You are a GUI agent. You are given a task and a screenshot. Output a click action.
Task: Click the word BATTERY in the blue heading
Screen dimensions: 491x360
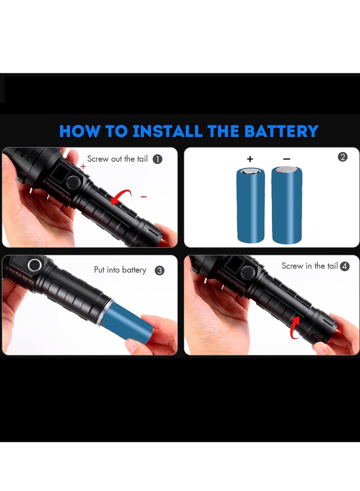coord(281,131)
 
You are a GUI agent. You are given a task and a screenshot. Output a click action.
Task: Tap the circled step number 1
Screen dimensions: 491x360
coord(157,159)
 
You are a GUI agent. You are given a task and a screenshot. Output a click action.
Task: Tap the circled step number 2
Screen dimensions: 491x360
coord(342,157)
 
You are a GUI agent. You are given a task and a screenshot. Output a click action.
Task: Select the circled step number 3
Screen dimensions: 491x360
coord(159,270)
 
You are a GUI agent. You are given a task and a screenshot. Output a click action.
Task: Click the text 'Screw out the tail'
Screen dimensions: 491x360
coord(117,159)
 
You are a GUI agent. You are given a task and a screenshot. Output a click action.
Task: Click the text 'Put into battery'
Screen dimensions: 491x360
coord(120,270)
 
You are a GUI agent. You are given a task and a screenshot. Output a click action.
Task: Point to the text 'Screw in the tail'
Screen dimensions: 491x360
coord(310,266)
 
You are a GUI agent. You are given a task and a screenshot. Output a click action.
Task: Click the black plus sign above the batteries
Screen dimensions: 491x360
coord(250,159)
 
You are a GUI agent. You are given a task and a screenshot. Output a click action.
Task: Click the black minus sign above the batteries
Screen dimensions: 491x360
coord(287,159)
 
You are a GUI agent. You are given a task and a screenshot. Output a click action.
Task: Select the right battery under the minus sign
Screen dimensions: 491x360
coord(287,205)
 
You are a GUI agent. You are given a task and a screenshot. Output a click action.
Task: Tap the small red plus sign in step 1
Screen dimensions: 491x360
coord(83,167)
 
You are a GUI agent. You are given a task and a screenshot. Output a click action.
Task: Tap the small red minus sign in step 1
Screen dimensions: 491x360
coord(144,197)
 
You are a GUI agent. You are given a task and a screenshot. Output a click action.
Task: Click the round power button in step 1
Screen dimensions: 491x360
coord(72,183)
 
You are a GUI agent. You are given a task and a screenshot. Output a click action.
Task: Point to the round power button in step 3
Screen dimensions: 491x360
coord(34,265)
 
